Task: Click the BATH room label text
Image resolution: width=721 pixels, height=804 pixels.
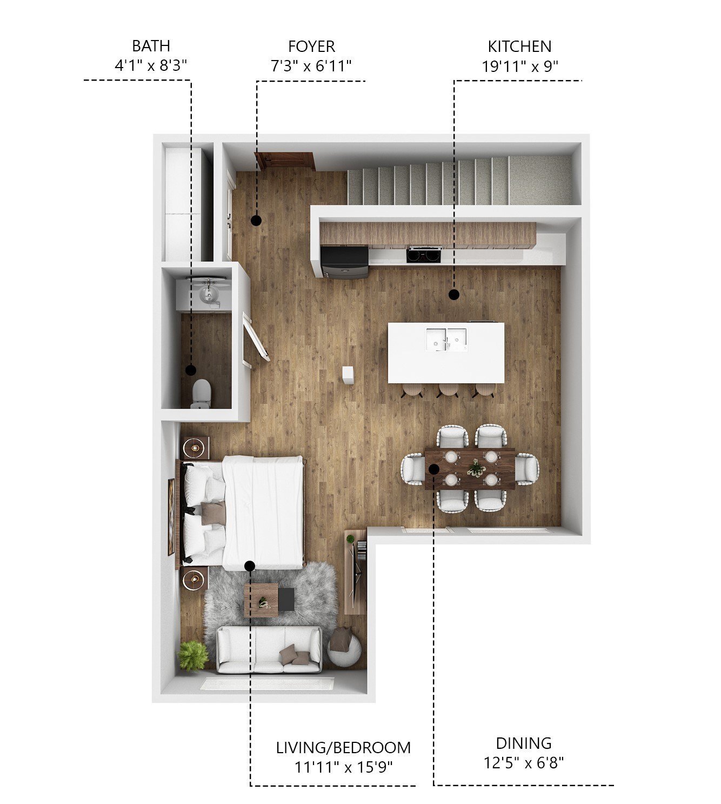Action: (x=151, y=46)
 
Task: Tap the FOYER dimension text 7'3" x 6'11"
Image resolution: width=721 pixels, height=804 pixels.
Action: (x=311, y=66)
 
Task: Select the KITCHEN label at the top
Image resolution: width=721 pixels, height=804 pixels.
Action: (x=519, y=46)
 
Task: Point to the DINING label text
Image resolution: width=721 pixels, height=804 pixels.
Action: (x=524, y=743)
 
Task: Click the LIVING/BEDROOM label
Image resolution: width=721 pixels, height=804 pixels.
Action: (x=343, y=748)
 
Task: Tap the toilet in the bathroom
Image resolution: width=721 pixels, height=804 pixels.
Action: (x=201, y=393)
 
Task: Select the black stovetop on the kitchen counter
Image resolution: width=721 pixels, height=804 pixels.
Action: (x=424, y=254)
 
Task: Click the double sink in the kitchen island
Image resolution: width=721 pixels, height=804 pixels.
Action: (x=446, y=339)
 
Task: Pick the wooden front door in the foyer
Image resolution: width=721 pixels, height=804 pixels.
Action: (x=285, y=161)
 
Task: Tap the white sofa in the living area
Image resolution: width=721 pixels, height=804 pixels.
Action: (x=269, y=649)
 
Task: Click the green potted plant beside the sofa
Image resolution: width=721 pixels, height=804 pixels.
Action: (x=192, y=655)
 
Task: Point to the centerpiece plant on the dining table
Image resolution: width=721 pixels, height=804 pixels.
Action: (x=476, y=468)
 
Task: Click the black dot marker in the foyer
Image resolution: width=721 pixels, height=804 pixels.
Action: (x=256, y=220)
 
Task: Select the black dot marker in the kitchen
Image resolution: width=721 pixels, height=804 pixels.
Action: (x=454, y=295)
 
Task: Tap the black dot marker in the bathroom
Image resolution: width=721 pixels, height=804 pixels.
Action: (x=190, y=370)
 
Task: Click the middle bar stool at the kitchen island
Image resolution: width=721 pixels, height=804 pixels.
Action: (x=448, y=389)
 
